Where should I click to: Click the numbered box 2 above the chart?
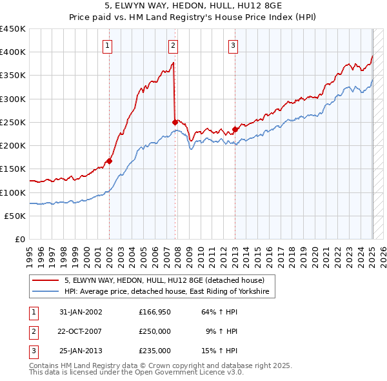pos(174,45)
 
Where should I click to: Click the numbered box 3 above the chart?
pos(233,45)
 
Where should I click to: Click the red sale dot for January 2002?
pos(110,161)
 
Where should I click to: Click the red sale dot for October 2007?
pos(175,122)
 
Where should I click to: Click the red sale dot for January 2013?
pos(235,129)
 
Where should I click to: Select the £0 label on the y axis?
pos(19,240)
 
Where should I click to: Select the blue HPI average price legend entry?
pos(170,292)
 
